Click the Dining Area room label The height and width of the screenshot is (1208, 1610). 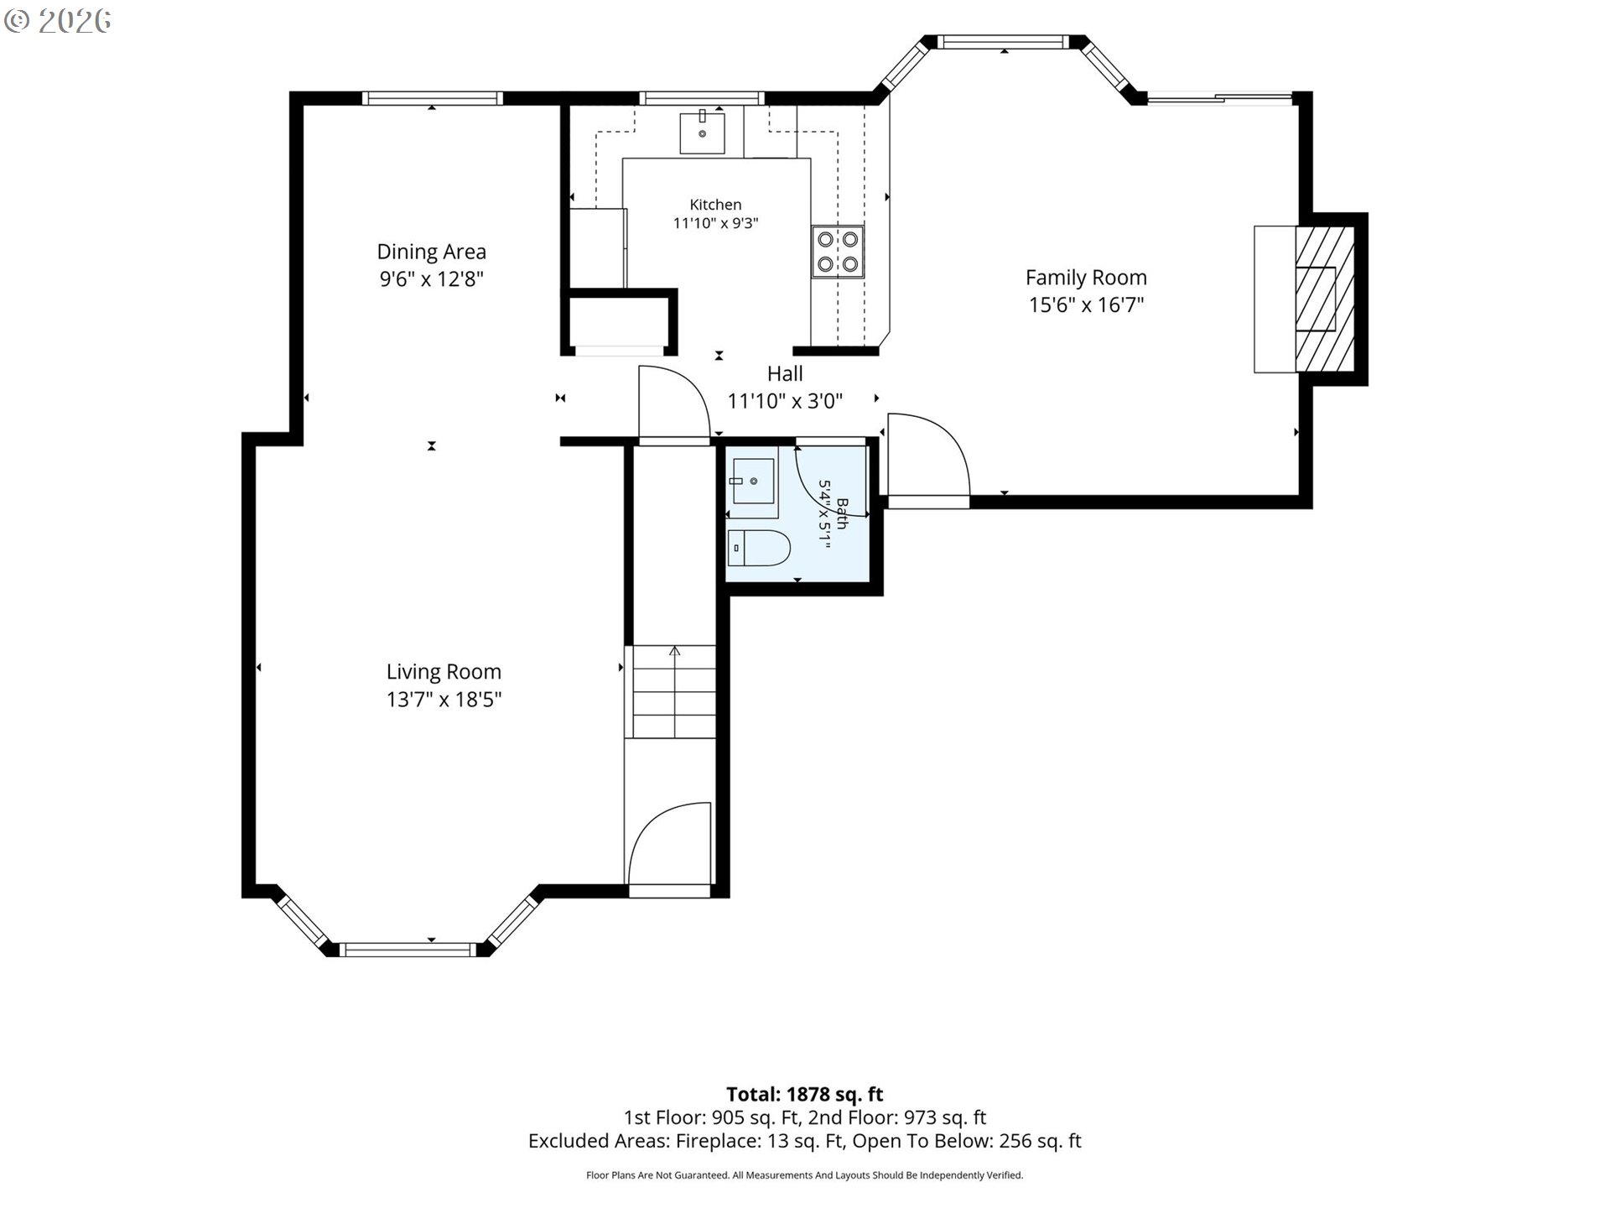coord(431,252)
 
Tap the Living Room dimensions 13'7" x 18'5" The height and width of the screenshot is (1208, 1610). coord(444,699)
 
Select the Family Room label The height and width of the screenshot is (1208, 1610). coord(1086,278)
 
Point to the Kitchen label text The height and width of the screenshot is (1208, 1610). coord(715,205)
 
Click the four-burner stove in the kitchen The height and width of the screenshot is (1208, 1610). coord(838,252)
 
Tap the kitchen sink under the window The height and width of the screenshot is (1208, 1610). coord(702,133)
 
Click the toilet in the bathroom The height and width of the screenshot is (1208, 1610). coord(758,548)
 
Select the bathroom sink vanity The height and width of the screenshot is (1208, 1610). coord(751,482)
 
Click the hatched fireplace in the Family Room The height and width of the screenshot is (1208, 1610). coord(1325,299)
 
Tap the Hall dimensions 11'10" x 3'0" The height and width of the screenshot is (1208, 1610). coord(785,401)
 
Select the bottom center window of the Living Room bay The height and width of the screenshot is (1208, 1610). coord(408,950)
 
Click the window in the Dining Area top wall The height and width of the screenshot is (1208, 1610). coord(433,98)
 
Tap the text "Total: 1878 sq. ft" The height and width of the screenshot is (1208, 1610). coord(805,1094)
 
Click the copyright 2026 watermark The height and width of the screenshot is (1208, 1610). coord(57,21)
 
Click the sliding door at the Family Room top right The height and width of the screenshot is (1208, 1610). coord(1220,99)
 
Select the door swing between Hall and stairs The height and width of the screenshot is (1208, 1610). coord(674,401)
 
